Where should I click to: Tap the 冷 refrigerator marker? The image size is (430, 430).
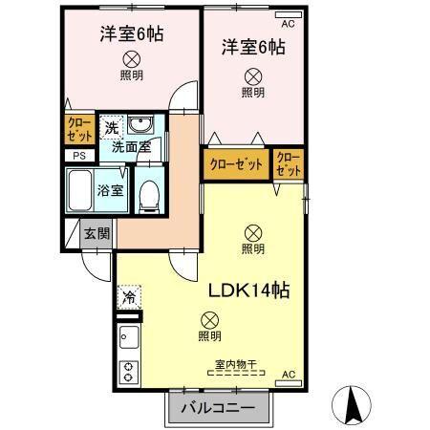tap(128, 297)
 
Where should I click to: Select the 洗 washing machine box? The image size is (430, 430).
tap(112, 127)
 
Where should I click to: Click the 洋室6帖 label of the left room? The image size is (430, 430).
tap(131, 35)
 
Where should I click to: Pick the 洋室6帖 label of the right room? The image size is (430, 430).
tap(252, 47)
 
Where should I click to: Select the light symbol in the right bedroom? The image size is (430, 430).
tap(252, 75)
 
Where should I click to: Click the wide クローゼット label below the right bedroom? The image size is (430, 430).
tap(235, 164)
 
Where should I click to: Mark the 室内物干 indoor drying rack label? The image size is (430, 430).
tap(234, 364)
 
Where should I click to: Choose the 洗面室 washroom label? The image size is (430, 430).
tap(131, 147)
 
